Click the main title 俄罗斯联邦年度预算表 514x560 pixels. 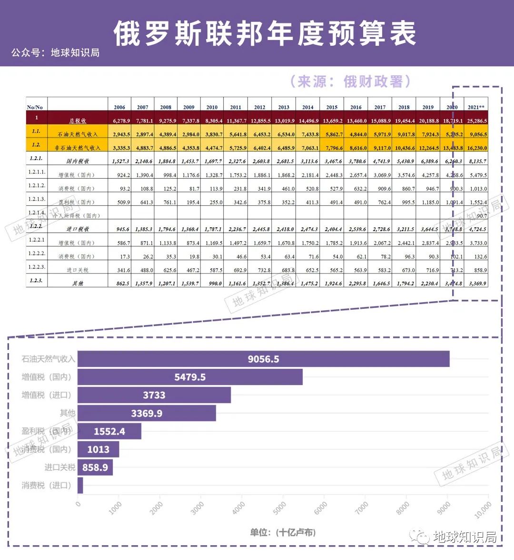(x=265, y=33)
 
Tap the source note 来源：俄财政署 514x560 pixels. (x=350, y=81)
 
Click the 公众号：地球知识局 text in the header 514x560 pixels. (x=55, y=52)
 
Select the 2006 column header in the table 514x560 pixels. (x=119, y=107)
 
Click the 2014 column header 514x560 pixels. (x=308, y=107)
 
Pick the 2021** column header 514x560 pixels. (x=476, y=107)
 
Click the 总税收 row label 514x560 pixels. (x=78, y=121)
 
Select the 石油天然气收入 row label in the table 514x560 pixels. (x=78, y=134)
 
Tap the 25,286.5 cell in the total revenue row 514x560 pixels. (x=477, y=121)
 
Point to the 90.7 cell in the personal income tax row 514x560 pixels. (x=481, y=216)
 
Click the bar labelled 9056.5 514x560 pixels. (x=263, y=359)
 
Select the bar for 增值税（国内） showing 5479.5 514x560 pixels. (x=190, y=377)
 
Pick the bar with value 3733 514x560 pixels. (x=154, y=395)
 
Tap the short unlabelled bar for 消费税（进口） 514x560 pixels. (x=80, y=485)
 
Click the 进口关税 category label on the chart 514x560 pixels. (x=59, y=468)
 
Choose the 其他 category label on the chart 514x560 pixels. (x=67, y=413)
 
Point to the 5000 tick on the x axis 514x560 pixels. (x=280, y=508)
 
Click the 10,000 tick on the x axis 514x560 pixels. (x=483, y=510)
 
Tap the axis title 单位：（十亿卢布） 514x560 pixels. (x=283, y=532)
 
